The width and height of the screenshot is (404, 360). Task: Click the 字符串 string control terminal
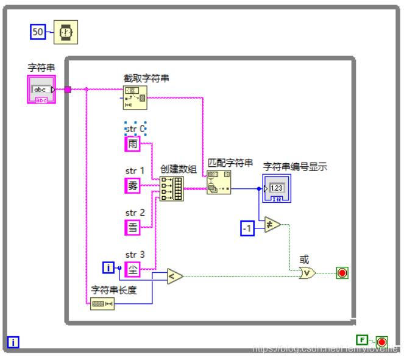tap(41, 90)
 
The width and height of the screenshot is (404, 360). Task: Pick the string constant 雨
tap(132, 144)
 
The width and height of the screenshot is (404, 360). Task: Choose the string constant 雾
tap(132, 186)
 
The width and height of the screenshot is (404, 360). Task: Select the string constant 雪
tap(132, 227)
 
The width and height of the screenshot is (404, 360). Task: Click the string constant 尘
tap(132, 269)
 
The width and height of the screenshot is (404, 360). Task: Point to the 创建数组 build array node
tap(171, 189)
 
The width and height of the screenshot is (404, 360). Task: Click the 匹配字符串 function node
tap(219, 182)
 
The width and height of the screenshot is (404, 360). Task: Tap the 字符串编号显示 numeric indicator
tap(278, 188)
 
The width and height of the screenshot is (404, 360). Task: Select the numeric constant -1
tap(247, 229)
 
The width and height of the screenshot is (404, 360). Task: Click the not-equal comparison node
tap(272, 225)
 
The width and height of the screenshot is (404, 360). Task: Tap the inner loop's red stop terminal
tap(342, 273)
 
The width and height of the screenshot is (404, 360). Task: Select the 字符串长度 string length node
tap(102, 304)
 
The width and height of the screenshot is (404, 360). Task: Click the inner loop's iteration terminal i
tap(108, 267)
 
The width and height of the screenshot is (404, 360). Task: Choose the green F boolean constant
tap(362, 339)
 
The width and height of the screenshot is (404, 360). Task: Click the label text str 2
tap(135, 213)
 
